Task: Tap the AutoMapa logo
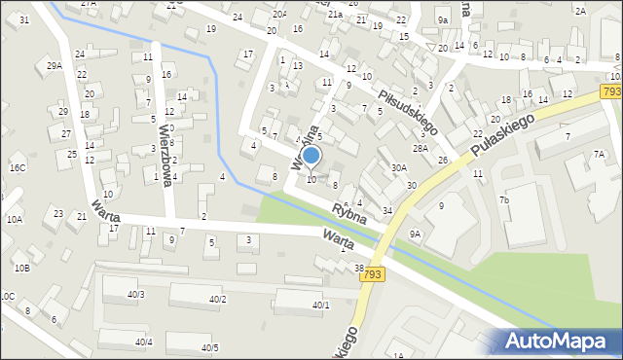click(559, 342)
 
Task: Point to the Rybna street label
click(348, 211)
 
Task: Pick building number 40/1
click(320, 305)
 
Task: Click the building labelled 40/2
click(217, 299)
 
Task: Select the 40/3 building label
click(135, 294)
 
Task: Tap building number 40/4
click(143, 342)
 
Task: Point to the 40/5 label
click(209, 347)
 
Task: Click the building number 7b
click(504, 199)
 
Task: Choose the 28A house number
click(420, 148)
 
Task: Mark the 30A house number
click(398, 167)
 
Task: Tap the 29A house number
click(55, 65)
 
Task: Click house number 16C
click(18, 167)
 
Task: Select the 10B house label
click(21, 268)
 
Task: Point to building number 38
click(358, 268)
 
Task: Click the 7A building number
click(600, 154)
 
